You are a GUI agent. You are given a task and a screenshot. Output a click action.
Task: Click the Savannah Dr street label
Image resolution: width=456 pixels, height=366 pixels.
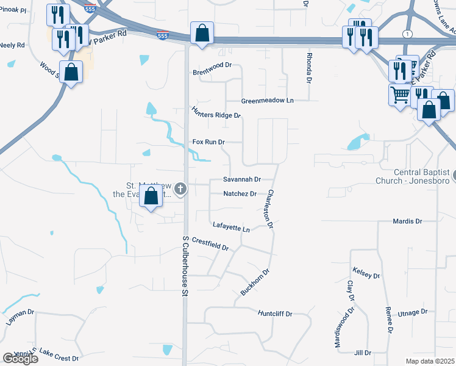(242, 179)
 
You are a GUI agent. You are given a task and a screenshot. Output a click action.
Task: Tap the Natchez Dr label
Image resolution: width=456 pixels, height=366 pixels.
(240, 194)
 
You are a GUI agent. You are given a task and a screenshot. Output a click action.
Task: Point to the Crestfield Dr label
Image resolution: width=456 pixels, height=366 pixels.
(210, 244)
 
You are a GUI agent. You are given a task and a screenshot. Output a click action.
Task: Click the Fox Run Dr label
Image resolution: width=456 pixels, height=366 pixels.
(208, 142)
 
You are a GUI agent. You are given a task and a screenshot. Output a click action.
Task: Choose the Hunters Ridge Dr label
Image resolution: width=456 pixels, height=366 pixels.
(216, 111)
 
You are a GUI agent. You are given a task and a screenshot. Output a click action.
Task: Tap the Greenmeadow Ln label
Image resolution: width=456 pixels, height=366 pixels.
(267, 100)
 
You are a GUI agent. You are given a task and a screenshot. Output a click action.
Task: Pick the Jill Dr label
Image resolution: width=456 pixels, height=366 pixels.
(363, 353)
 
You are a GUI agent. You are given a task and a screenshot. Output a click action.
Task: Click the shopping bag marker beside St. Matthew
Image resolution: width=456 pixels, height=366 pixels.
(151, 197)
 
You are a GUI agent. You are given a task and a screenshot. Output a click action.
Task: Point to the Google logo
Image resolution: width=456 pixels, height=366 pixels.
(20, 359)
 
